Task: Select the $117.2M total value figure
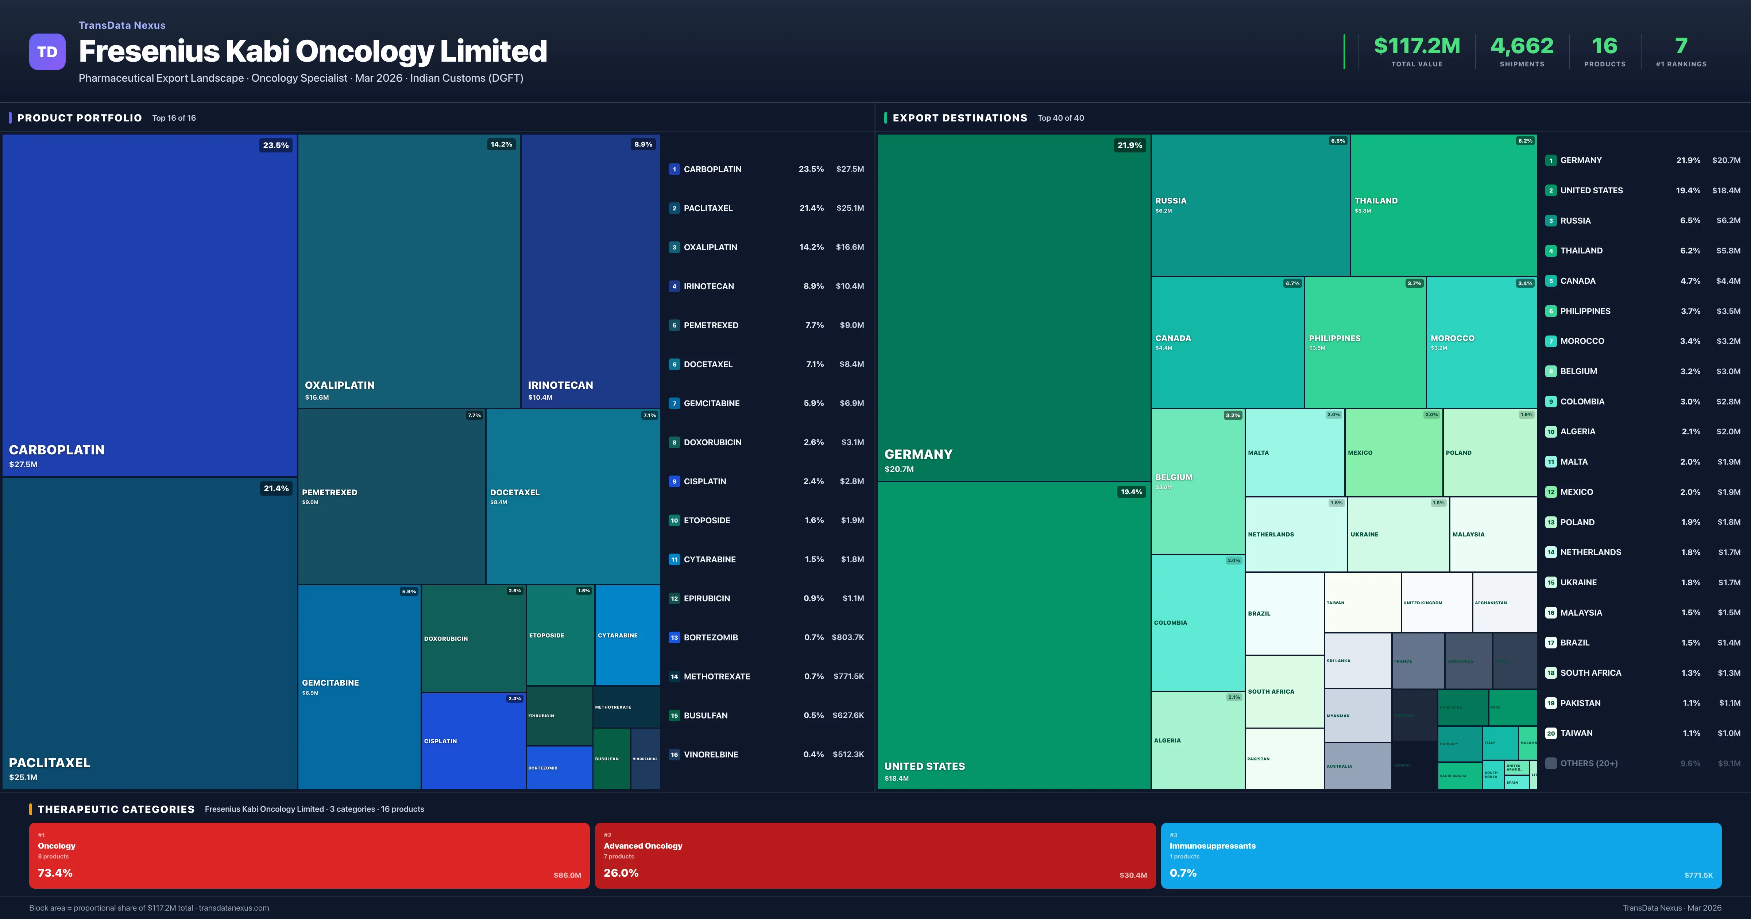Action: point(1416,46)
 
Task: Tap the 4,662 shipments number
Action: point(1522,46)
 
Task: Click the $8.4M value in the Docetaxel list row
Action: point(851,364)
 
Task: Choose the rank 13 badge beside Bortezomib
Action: point(674,637)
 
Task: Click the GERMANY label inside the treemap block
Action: point(918,454)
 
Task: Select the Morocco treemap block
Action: point(1481,342)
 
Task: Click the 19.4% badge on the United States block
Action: point(1131,492)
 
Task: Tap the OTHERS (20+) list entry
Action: point(1589,763)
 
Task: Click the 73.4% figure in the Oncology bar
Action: point(55,873)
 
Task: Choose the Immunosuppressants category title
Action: point(1212,846)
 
